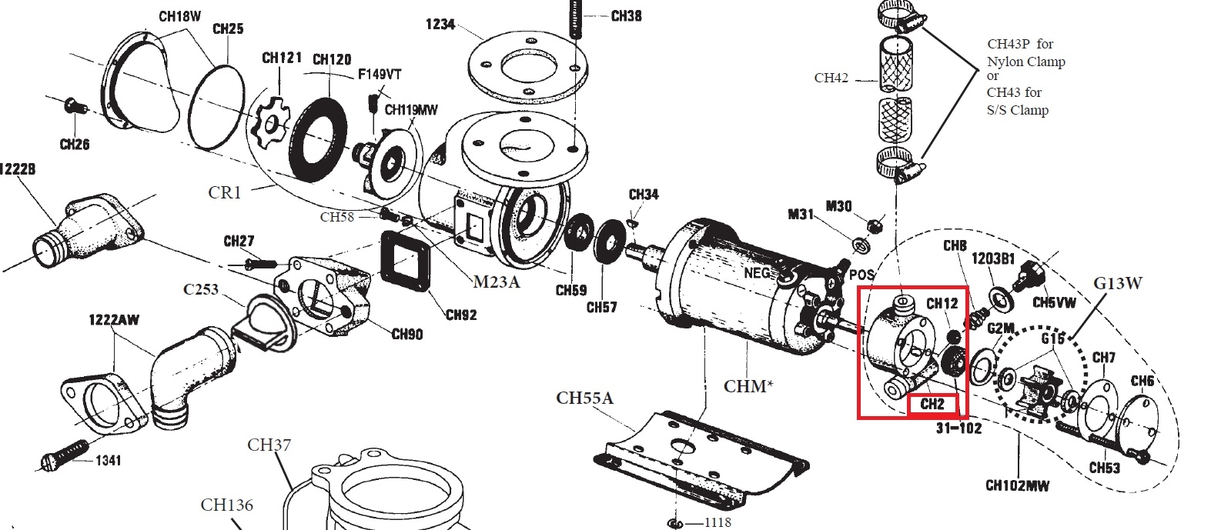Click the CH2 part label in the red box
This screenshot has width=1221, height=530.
click(x=932, y=404)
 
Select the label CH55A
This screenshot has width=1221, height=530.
click(x=585, y=398)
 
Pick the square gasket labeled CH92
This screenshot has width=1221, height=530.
click(x=406, y=260)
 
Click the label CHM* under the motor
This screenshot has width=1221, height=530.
click(x=748, y=385)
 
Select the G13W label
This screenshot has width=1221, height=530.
click(x=1118, y=283)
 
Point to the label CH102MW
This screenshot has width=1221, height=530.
click(x=1017, y=485)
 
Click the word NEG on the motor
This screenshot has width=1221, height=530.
click(x=757, y=272)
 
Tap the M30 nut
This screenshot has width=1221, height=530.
click(x=873, y=225)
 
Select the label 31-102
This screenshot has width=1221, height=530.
click(x=958, y=428)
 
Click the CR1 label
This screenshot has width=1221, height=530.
click(x=225, y=192)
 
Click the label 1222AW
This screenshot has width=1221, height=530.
click(x=114, y=319)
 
